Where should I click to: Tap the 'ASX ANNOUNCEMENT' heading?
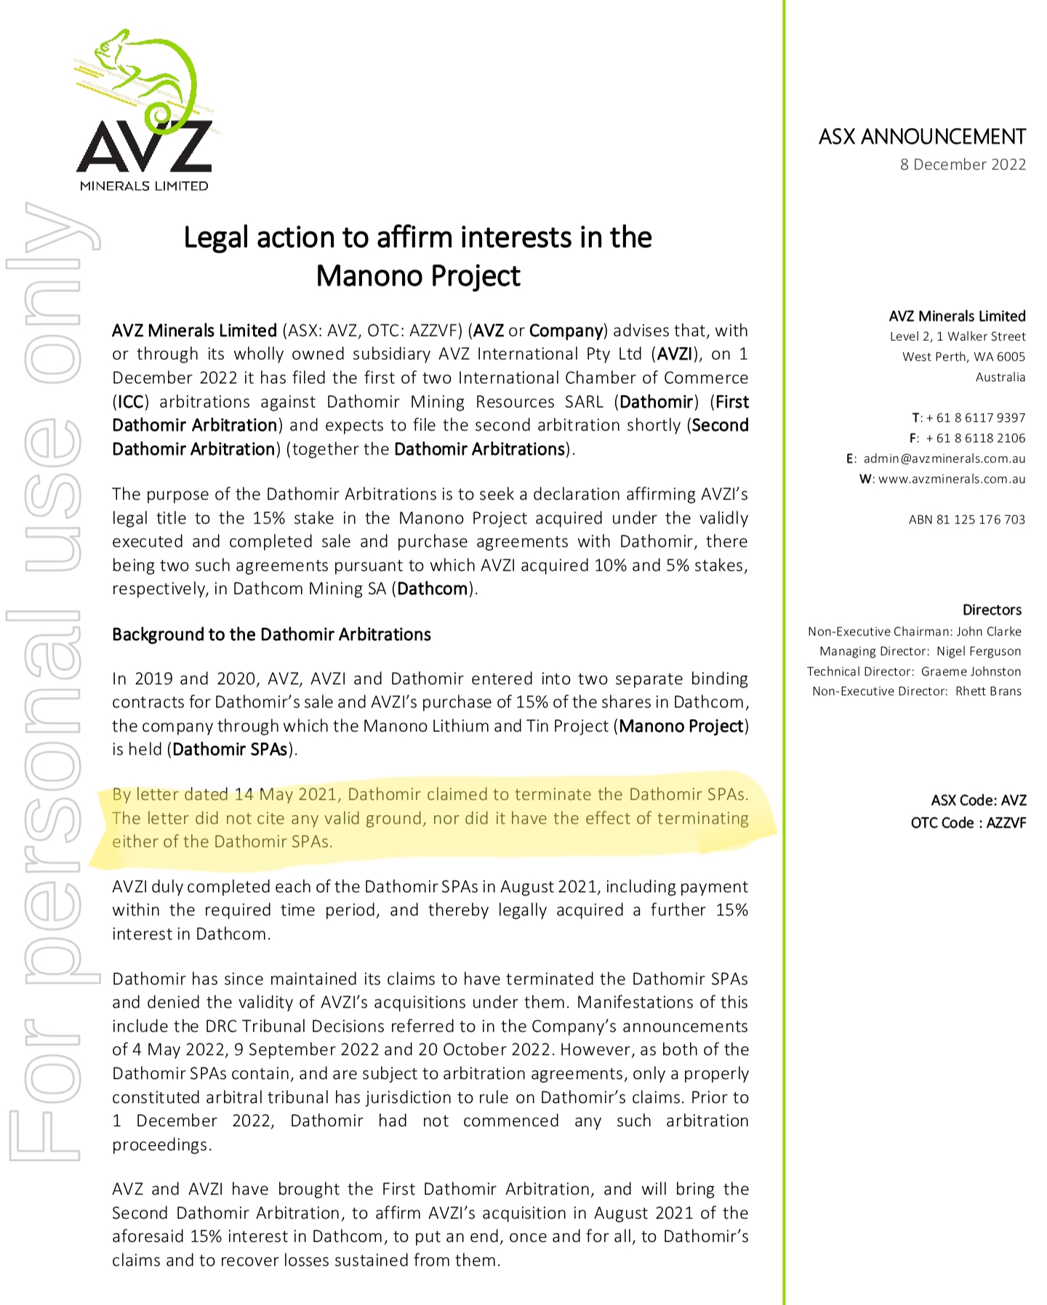pyautogui.click(x=921, y=137)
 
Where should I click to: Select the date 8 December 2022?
pyautogui.click(x=962, y=164)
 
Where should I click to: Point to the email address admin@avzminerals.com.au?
pyautogui.click(x=944, y=459)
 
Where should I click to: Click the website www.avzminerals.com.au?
pyautogui.click(x=951, y=479)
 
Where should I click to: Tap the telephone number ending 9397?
pyautogui.click(x=975, y=418)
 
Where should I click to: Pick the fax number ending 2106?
pyautogui.click(x=975, y=438)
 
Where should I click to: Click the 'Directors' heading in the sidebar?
pyautogui.click(x=992, y=610)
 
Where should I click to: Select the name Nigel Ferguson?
pyautogui.click(x=979, y=651)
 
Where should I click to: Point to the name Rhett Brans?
pyautogui.click(x=988, y=691)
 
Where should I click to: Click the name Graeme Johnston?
pyautogui.click(x=971, y=672)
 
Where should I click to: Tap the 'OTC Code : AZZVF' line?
pyautogui.click(x=968, y=823)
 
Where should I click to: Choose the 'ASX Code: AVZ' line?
pyautogui.click(x=978, y=800)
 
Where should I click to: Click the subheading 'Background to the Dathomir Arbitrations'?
pyautogui.click(x=271, y=635)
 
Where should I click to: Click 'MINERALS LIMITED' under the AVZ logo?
pyautogui.click(x=144, y=186)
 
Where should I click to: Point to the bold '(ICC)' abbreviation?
pyautogui.click(x=131, y=402)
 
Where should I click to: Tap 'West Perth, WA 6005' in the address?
pyautogui.click(x=963, y=357)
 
